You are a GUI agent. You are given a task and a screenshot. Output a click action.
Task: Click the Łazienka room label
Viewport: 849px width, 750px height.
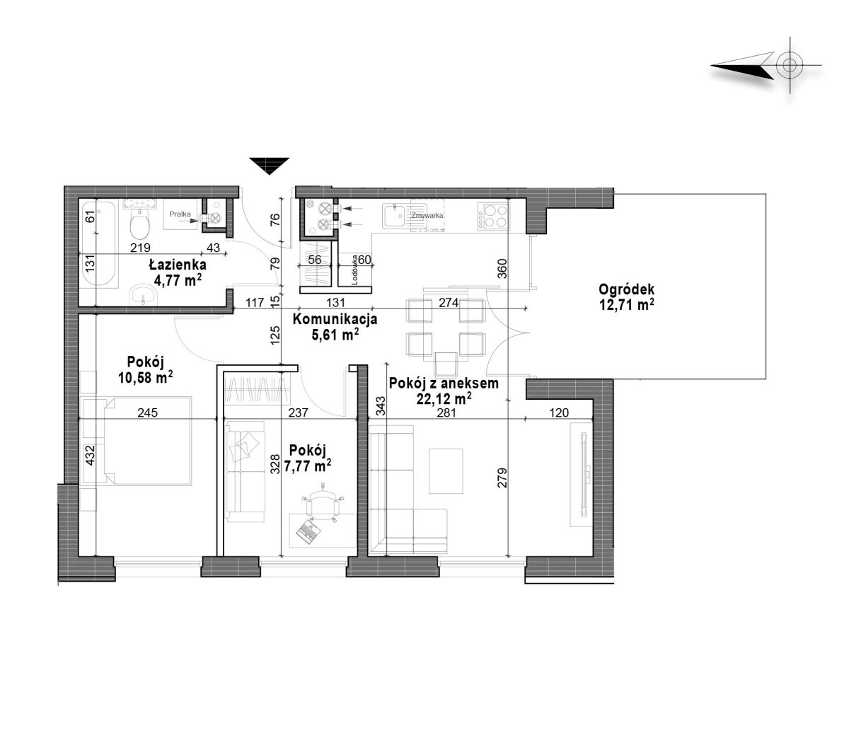click(x=178, y=265)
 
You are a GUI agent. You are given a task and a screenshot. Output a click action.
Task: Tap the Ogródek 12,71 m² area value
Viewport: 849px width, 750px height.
click(x=626, y=305)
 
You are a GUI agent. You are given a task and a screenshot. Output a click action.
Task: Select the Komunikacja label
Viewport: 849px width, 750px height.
click(x=335, y=319)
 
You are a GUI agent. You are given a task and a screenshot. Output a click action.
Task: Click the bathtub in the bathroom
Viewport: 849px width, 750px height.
click(x=98, y=243)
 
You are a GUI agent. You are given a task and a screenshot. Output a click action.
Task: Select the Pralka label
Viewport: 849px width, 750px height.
click(x=180, y=214)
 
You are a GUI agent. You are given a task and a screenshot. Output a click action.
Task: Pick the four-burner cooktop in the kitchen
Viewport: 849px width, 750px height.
click(x=494, y=217)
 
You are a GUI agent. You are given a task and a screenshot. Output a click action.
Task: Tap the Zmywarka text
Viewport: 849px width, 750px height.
click(x=427, y=216)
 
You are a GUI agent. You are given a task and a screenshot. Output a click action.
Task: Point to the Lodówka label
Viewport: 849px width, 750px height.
click(x=355, y=270)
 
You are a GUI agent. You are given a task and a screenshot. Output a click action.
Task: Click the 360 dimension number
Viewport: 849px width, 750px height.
click(x=502, y=269)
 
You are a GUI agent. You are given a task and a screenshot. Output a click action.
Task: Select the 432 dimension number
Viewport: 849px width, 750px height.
click(x=90, y=455)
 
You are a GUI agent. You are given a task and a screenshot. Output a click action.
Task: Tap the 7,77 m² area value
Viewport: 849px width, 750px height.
click(x=307, y=466)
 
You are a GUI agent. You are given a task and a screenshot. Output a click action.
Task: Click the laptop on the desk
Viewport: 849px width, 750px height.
click(x=309, y=531)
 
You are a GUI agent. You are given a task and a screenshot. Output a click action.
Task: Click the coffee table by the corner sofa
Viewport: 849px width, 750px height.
click(x=446, y=471)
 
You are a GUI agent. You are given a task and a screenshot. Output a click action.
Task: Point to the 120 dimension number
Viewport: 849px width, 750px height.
click(x=559, y=413)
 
